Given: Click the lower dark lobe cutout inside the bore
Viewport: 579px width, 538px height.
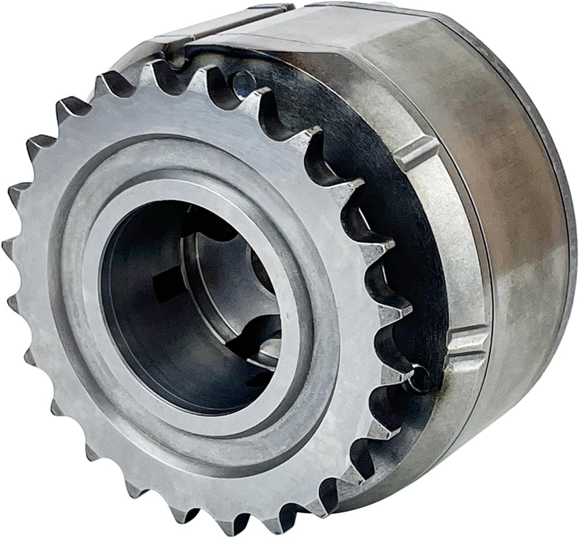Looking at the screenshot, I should click(253, 338).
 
